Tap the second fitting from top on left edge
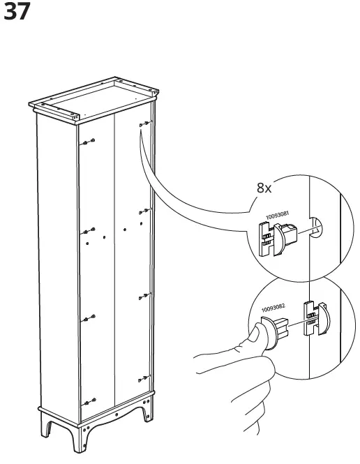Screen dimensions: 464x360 [x=89, y=231]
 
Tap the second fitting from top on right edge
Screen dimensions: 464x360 [x=144, y=210]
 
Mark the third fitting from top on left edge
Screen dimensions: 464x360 [x=89, y=320]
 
